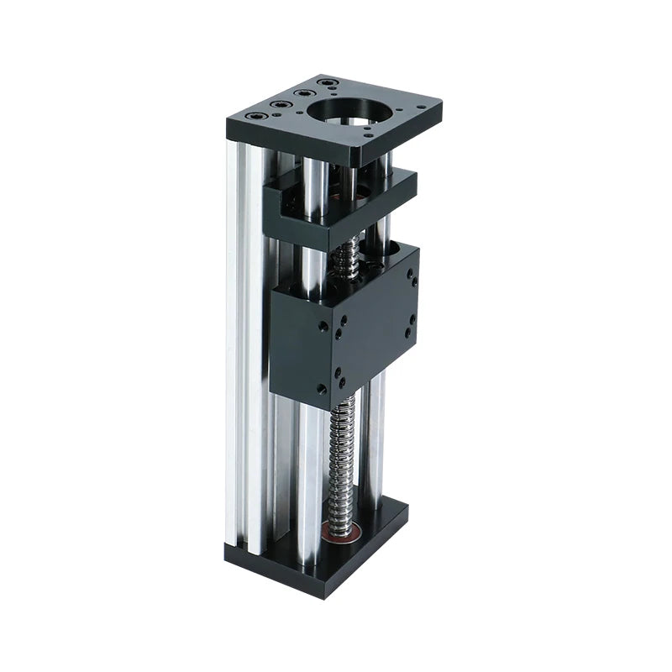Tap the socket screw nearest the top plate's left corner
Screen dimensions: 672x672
[x=253, y=116]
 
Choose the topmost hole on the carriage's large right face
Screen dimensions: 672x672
[x=411, y=273]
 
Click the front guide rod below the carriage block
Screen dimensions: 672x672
[x=309, y=470]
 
